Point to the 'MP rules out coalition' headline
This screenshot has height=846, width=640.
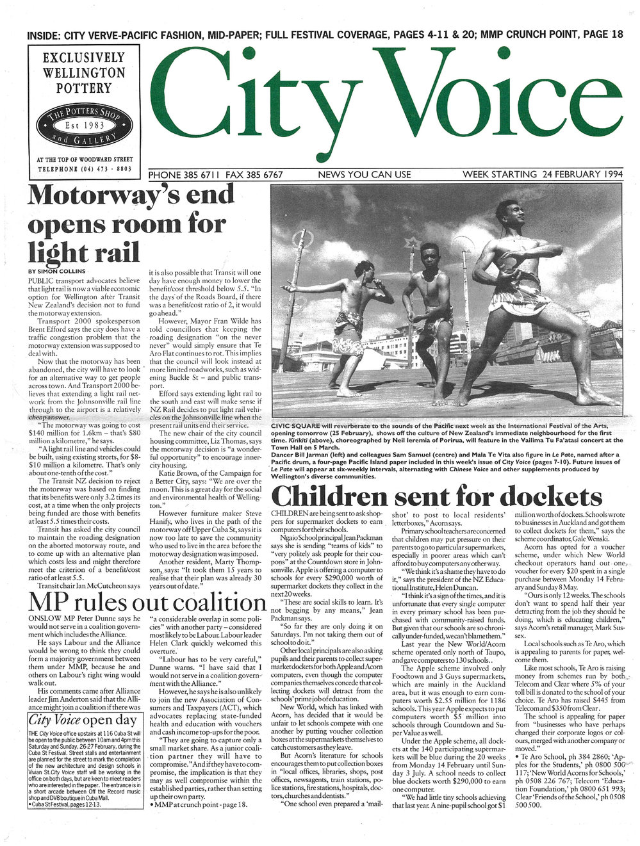click(x=146, y=603)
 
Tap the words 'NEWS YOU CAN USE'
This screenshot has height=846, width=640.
click(x=364, y=174)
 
